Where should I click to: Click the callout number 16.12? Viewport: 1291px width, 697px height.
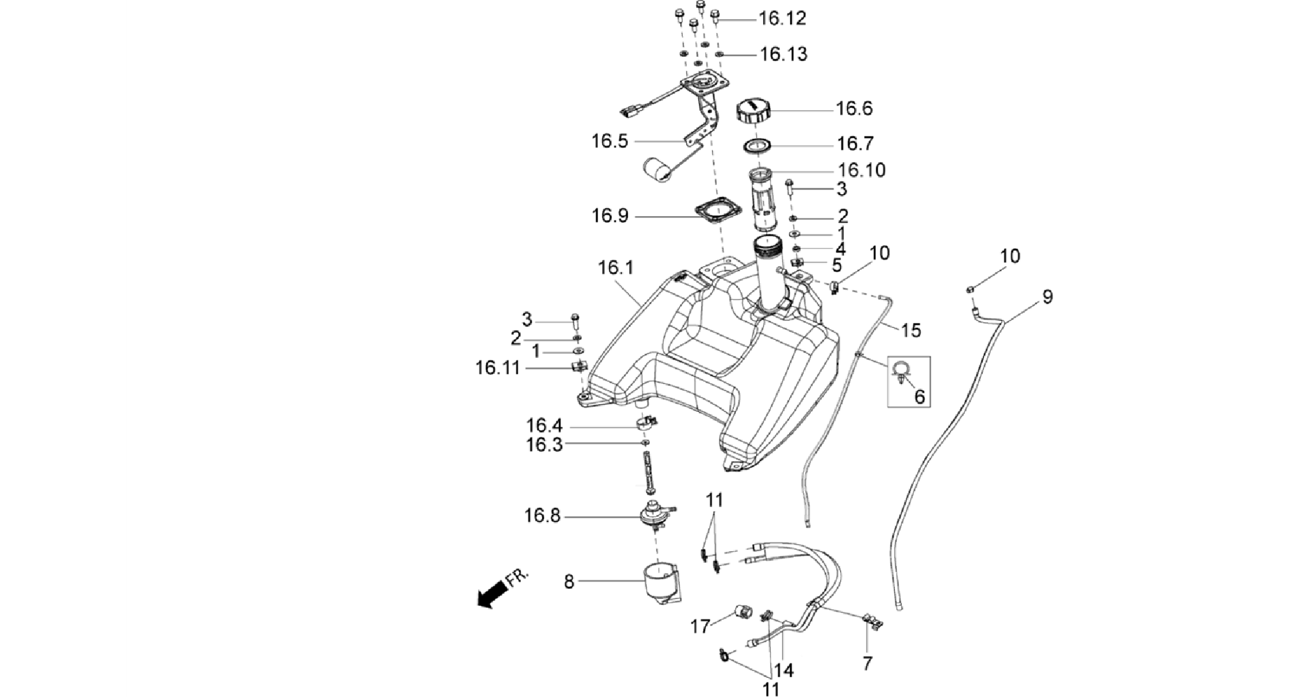783,19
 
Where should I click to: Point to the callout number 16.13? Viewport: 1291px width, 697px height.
783,55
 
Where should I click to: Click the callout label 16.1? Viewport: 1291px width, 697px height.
616,268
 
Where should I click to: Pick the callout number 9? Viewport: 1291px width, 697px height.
1048,296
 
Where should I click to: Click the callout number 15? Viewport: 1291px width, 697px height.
911,330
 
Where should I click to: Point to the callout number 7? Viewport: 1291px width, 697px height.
867,664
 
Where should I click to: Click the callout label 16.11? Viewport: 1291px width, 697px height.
498,368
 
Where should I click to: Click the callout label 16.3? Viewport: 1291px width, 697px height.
544,445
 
